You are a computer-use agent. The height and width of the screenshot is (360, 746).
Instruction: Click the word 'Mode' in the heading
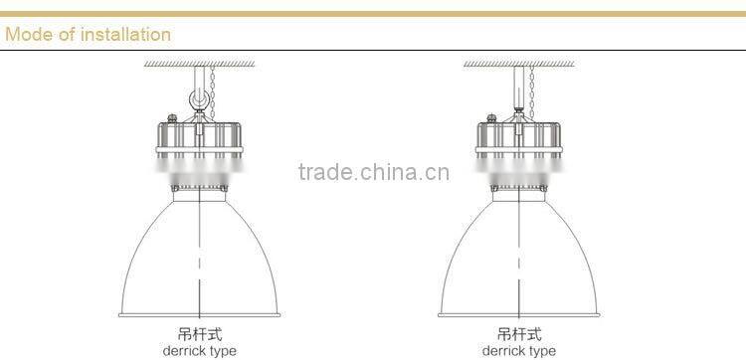(x=27, y=35)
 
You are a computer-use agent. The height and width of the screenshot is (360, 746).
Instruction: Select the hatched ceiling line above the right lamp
(x=518, y=64)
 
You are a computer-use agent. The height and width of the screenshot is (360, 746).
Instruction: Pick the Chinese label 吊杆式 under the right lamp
(x=518, y=335)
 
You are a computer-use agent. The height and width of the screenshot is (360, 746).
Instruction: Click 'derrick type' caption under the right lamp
(x=518, y=350)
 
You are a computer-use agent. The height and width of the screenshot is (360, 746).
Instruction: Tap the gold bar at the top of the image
(x=373, y=14)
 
